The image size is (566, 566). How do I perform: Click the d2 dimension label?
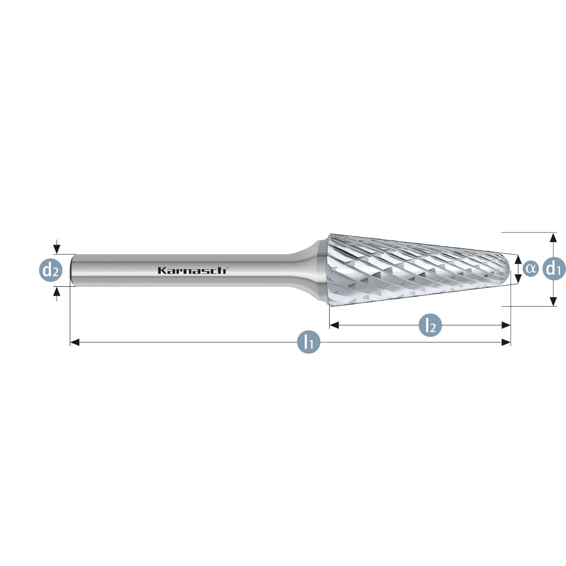click(51, 271)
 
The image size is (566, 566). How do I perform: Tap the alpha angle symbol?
click(531, 268)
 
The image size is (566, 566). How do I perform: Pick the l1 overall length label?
click(308, 342)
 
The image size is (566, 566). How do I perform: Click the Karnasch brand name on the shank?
click(192, 270)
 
